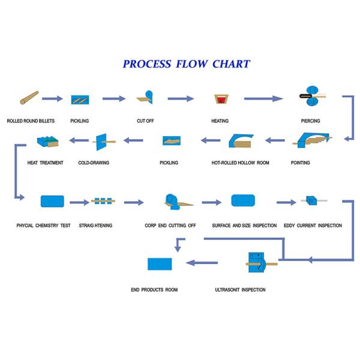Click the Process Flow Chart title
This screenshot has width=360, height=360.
(x=186, y=64)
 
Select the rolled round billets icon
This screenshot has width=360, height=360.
(x=29, y=98)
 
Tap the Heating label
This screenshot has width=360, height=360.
(x=220, y=121)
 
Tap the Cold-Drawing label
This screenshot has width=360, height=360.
(x=92, y=163)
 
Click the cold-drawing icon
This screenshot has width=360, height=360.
(x=100, y=142)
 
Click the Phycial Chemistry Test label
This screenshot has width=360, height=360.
(x=44, y=226)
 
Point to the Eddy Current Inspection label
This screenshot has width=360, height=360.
(x=313, y=226)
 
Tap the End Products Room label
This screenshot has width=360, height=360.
(x=154, y=290)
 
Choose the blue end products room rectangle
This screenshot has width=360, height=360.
(x=160, y=263)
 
